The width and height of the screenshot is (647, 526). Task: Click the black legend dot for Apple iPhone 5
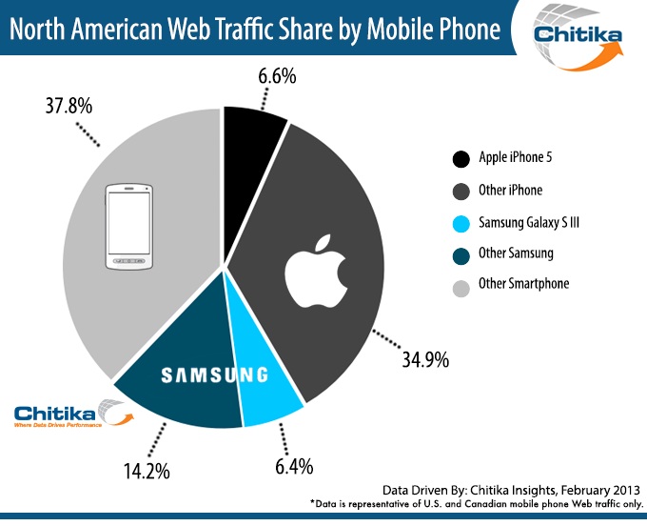click(461, 158)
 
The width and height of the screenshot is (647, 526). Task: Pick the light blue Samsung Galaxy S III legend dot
click(461, 221)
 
